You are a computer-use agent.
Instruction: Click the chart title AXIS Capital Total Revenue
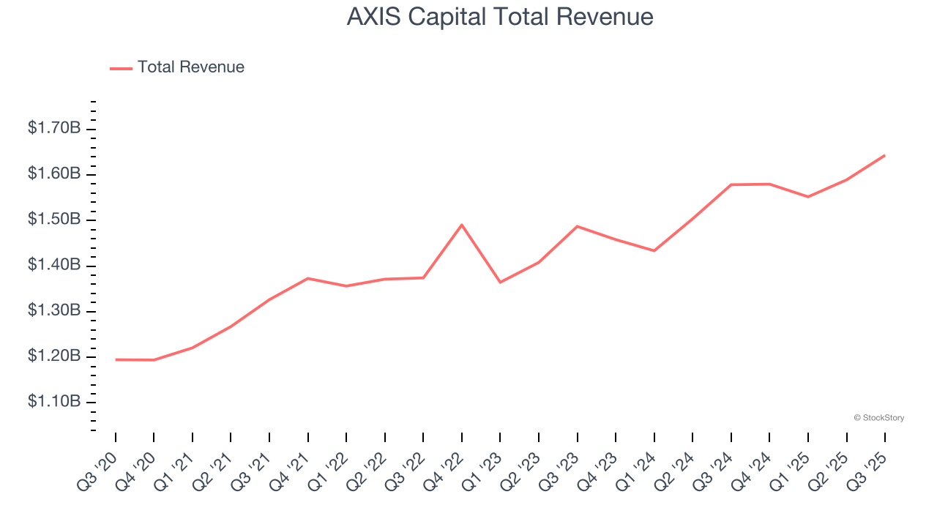click(500, 17)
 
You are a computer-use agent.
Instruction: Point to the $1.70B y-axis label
click(54, 129)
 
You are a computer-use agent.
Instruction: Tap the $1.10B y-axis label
click(54, 402)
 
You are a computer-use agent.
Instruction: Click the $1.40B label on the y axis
click(54, 265)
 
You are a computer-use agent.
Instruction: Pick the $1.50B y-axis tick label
click(54, 220)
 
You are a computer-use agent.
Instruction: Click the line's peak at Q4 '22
click(462, 225)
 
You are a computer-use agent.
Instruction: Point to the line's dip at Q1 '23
click(500, 283)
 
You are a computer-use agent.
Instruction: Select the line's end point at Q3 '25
click(884, 155)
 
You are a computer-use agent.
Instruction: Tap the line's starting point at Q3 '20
click(116, 359)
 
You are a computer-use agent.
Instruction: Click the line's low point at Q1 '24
click(654, 251)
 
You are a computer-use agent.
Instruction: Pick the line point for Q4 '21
click(308, 278)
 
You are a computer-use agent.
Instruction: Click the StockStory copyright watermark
click(879, 418)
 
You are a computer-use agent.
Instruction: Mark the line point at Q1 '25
click(807, 197)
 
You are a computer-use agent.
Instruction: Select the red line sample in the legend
click(121, 68)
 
